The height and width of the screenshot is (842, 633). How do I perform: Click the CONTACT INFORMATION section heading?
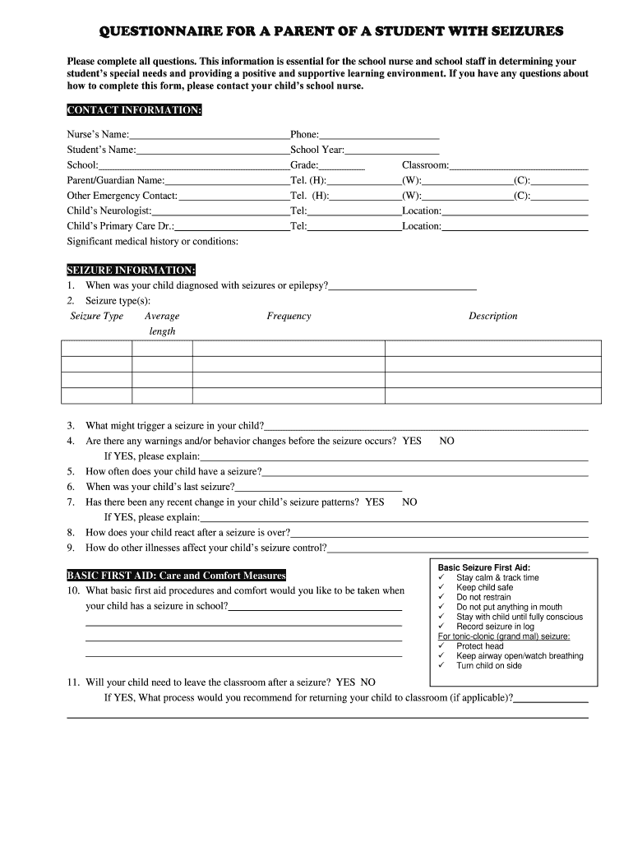[133, 111]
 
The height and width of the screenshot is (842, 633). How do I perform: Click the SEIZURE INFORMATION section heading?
[131, 271]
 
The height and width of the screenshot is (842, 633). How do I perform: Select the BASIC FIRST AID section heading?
[176, 576]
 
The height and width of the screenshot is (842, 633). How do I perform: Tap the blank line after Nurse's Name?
[210, 135]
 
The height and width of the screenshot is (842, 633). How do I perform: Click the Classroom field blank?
[519, 166]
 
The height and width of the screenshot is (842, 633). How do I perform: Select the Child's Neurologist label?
[109, 211]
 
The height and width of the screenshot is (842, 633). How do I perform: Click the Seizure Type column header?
[97, 317]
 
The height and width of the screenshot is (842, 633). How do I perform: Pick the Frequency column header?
[289, 317]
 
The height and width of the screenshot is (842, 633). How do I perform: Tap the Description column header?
[493, 317]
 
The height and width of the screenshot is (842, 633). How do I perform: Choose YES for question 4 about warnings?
[412, 442]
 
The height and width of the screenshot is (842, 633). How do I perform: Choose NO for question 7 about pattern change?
[409, 502]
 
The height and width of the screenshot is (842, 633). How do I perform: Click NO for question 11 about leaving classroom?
[367, 682]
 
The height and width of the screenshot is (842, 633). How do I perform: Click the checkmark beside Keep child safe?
[442, 588]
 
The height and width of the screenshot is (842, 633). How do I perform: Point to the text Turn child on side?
[489, 666]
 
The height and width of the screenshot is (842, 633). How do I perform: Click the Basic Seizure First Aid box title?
[483, 568]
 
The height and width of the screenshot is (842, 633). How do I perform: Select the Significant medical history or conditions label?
[153, 242]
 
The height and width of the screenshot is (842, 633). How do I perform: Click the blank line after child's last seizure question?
[312, 487]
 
